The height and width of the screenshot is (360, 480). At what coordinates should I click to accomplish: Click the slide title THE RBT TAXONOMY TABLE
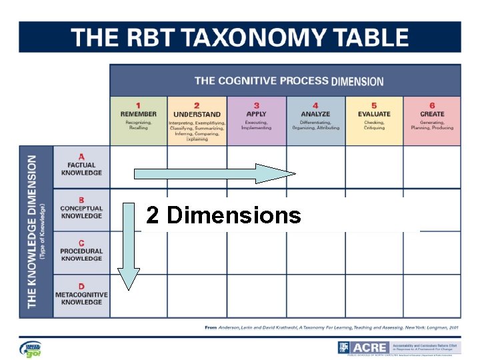(x=240, y=37)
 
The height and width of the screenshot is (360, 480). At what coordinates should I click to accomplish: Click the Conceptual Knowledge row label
(x=81, y=209)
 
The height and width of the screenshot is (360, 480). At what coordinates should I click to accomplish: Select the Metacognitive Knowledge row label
(x=81, y=295)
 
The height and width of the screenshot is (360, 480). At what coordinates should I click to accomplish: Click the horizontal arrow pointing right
(x=214, y=174)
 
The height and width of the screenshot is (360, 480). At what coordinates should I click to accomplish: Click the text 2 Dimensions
(x=223, y=215)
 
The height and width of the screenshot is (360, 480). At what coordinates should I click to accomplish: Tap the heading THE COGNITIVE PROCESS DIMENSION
(x=289, y=81)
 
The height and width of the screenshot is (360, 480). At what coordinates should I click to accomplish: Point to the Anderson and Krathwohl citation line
(x=331, y=328)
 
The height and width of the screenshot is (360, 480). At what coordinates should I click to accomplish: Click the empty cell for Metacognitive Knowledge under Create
(x=432, y=295)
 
